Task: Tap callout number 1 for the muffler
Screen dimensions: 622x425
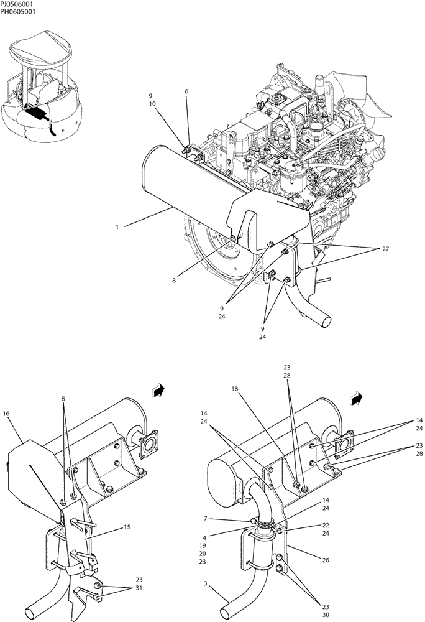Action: pos(117,227)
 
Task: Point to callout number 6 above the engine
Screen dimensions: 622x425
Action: pos(186,91)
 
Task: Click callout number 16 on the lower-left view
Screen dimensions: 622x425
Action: pos(6,412)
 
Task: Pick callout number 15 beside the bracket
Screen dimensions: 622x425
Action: pos(127,527)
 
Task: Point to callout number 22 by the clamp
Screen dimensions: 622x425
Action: pos(326,525)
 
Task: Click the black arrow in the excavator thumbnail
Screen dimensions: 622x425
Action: pos(37,112)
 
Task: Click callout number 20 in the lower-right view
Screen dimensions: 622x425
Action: pos(203,553)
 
